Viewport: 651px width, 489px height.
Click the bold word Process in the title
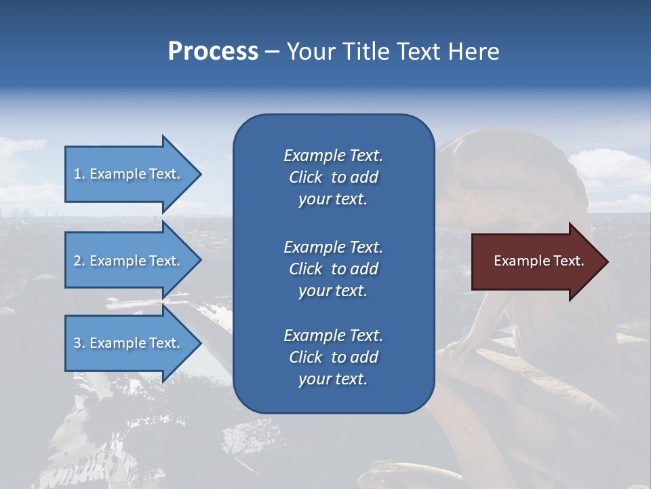(213, 52)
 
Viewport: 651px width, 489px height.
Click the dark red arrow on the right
(539, 261)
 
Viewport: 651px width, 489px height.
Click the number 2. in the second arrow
(79, 261)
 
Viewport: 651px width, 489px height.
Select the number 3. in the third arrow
(79, 343)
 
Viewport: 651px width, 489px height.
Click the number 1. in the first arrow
(79, 174)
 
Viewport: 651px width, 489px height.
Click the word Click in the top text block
(306, 177)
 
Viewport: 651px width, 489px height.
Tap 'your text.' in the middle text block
(333, 291)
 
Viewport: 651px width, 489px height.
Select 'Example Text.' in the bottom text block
(333, 336)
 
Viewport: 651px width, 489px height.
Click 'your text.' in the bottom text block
(333, 379)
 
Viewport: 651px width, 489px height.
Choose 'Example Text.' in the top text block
(333, 156)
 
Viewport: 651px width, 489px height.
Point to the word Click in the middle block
(306, 269)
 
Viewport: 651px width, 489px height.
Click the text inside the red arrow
(539, 261)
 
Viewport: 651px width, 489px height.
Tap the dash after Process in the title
(272, 52)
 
